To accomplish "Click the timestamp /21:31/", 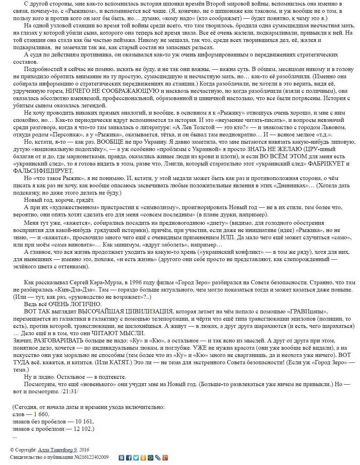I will pyautogui.click(x=69, y=392).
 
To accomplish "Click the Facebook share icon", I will pyautogui.click(x=129, y=458).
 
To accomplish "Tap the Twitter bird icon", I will pyautogui.click(x=136, y=458).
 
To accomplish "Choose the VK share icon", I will pyautogui.click(x=121, y=458).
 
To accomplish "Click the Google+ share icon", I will pyautogui.click(x=165, y=458).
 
